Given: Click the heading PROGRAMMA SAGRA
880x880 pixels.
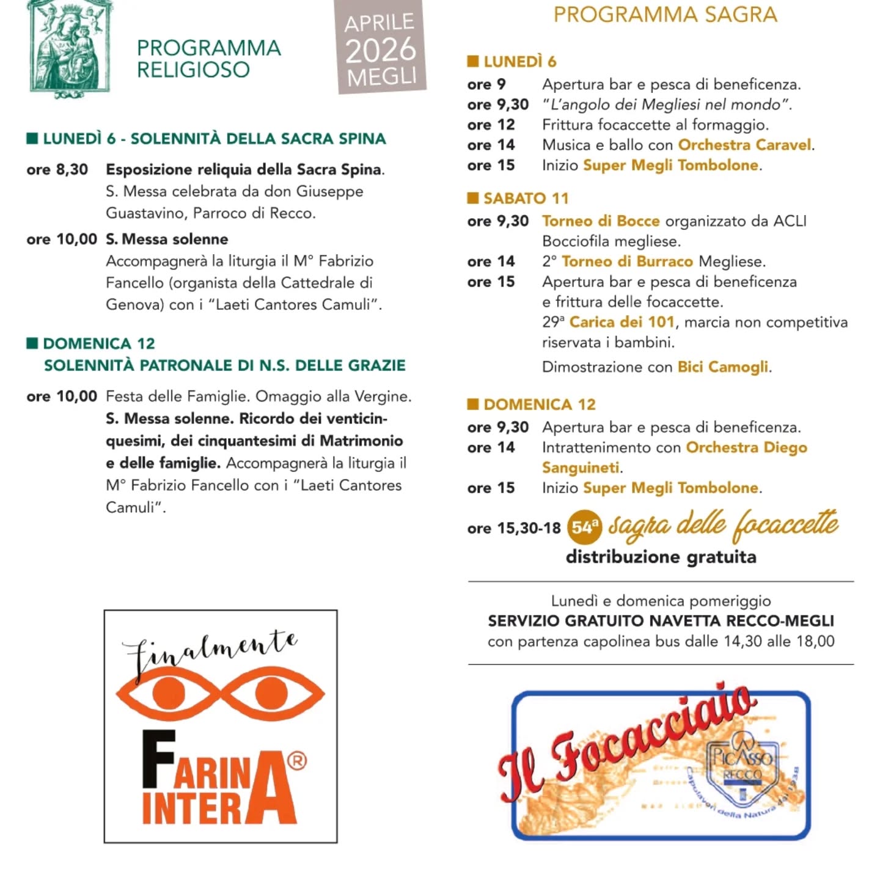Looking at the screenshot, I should [665, 14].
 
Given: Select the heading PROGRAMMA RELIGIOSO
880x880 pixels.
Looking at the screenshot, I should [208, 59].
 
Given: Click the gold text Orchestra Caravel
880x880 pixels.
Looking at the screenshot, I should [745, 145].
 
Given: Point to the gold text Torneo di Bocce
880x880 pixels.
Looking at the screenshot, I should [601, 221].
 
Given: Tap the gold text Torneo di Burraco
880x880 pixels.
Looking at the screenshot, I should [627, 262].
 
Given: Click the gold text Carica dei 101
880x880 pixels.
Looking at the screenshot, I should [621, 322].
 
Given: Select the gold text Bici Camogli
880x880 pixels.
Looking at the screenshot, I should [723, 367].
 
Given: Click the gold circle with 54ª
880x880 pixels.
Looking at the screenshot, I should [584, 527].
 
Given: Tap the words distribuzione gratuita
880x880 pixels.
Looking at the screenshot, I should [661, 557].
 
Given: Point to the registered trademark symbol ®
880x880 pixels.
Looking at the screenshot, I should [296, 761].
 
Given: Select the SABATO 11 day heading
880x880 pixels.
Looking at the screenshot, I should [526, 198].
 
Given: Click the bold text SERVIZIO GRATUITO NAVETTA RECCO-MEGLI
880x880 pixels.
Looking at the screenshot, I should [661, 621].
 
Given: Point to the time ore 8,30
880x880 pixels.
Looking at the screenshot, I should [57, 169].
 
